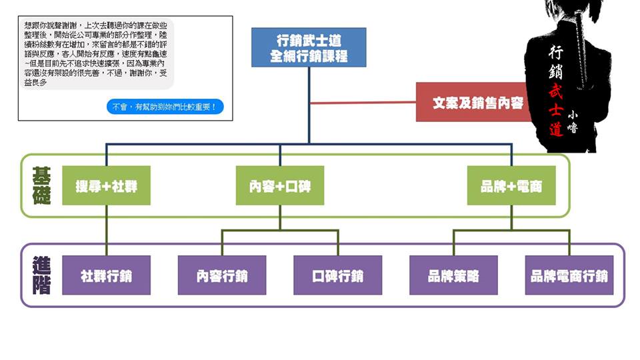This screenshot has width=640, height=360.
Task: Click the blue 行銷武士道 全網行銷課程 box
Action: (309, 47)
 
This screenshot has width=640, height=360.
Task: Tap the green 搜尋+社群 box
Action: (106, 186)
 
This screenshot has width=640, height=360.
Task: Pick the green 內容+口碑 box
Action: (280, 186)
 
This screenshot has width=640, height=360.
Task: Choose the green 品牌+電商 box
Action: (511, 186)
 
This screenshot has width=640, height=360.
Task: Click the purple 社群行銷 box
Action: (106, 275)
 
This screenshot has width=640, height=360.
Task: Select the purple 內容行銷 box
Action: (222, 275)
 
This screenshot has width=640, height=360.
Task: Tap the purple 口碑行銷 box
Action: (337, 275)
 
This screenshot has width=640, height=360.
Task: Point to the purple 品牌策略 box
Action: (453, 275)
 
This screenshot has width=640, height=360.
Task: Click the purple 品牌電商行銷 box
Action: (569, 275)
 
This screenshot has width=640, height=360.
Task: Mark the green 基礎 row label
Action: (41, 185)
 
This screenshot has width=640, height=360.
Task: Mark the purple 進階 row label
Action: (41, 275)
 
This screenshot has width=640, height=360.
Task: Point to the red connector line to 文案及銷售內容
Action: (363, 103)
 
